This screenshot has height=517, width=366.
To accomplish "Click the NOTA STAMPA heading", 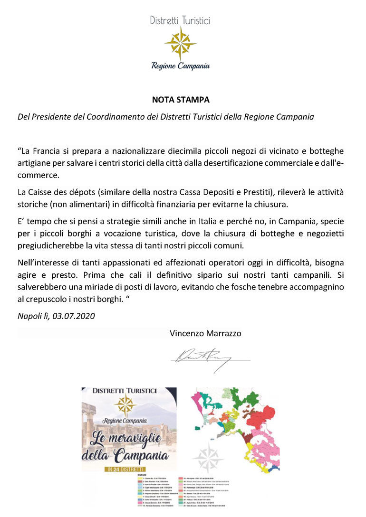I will [x=181, y=100].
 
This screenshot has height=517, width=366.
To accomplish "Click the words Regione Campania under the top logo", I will [x=181, y=66].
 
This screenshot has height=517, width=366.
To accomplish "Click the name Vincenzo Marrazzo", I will [x=205, y=333].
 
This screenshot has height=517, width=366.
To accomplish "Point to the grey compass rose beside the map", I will [x=208, y=457].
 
